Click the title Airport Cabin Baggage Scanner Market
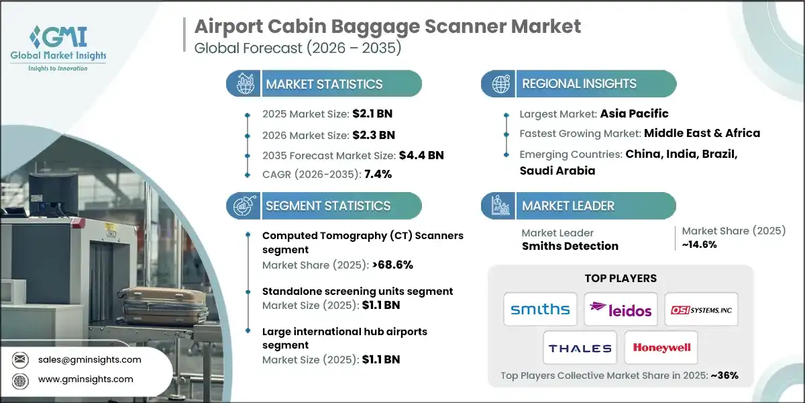(x=388, y=27)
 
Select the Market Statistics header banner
(x=324, y=84)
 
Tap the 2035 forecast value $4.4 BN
(x=421, y=155)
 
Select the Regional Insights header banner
(x=579, y=84)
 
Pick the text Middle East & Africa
(x=702, y=133)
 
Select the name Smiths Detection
(x=570, y=246)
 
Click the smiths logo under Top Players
(x=540, y=309)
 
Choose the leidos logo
(x=621, y=309)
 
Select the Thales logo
(x=580, y=349)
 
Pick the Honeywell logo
(x=661, y=349)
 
